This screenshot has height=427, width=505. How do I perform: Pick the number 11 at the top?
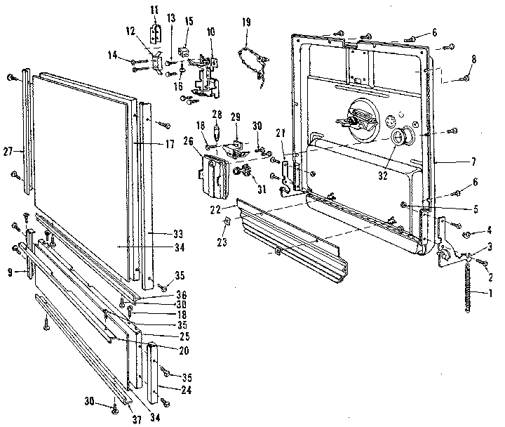[x=155, y=8]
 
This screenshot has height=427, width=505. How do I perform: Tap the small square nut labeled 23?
[x=227, y=223]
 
